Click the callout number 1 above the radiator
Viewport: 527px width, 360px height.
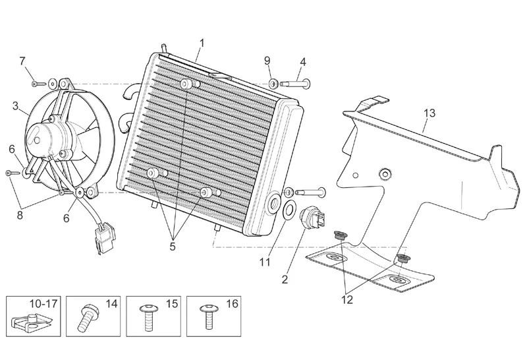[202, 44]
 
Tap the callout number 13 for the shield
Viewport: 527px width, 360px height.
[429, 113]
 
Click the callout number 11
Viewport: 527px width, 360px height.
[264, 262]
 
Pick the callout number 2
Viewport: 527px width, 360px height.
[285, 279]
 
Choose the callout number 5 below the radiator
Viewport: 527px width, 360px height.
[173, 247]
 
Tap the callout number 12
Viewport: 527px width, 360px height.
[347, 299]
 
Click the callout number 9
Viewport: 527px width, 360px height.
[267, 61]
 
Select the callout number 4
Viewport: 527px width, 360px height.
[302, 62]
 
